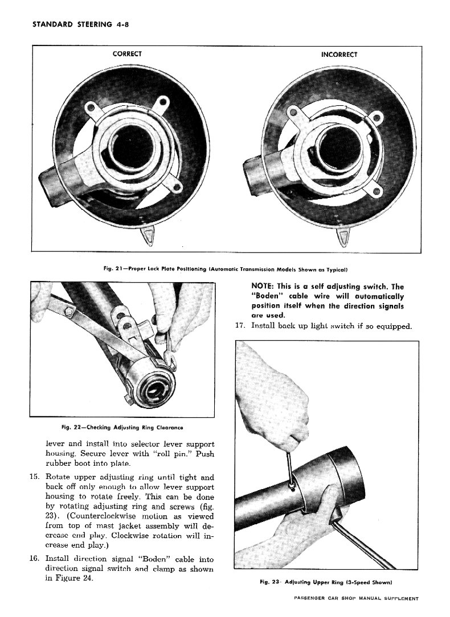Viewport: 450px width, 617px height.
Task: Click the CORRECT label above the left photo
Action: (127, 54)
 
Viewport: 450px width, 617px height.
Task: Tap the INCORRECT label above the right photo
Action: (339, 55)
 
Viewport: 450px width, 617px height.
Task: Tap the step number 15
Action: (34, 477)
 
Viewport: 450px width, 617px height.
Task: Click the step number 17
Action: (240, 326)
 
